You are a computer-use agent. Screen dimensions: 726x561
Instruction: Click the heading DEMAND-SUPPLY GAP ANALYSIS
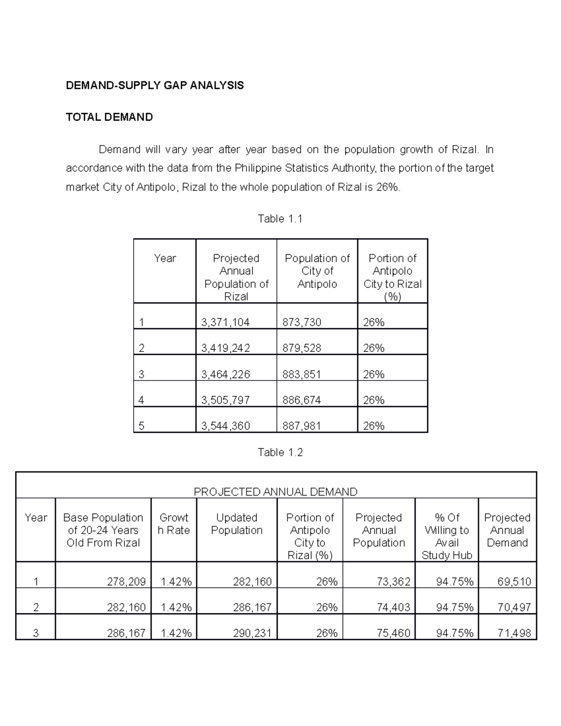click(x=155, y=85)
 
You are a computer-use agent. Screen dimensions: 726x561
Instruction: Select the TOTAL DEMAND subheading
click(x=109, y=117)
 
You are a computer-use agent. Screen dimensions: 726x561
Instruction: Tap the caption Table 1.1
click(x=280, y=219)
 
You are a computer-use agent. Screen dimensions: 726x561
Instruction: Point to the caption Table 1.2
click(x=280, y=452)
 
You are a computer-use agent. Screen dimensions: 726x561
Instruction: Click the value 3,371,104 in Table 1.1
click(x=225, y=322)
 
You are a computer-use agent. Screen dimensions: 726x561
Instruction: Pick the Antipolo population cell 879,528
click(x=302, y=348)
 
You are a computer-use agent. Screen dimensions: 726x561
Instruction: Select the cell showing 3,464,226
click(x=225, y=374)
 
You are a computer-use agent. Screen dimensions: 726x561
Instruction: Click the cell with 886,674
click(x=302, y=400)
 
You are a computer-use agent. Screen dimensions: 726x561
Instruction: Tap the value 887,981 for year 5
click(x=302, y=425)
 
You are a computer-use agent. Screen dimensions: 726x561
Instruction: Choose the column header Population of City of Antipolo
click(x=317, y=271)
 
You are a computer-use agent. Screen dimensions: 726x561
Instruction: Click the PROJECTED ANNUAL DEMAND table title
click(x=275, y=491)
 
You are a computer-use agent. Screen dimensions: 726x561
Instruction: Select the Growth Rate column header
click(x=174, y=524)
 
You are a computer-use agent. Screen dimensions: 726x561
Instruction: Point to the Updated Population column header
click(x=237, y=524)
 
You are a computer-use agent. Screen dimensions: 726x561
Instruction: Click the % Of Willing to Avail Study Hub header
click(x=446, y=536)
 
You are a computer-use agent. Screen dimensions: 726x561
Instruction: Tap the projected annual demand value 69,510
click(x=514, y=582)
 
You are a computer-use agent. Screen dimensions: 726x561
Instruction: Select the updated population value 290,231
click(x=252, y=633)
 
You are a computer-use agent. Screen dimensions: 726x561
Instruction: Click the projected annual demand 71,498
click(x=514, y=633)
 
